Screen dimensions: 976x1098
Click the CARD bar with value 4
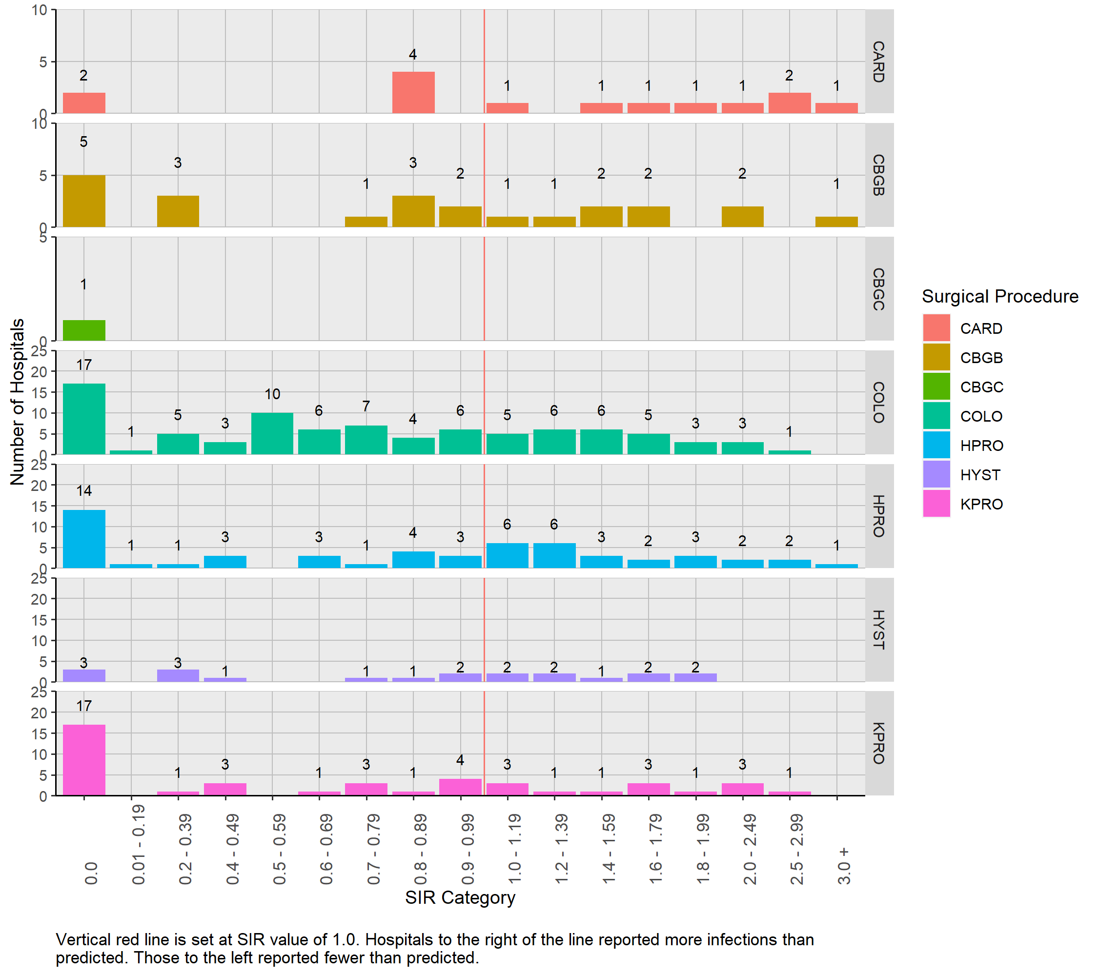[413, 92]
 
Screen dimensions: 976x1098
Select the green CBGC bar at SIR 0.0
[84, 330]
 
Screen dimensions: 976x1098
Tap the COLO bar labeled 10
[272, 433]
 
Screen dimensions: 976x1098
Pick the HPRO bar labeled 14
[84, 539]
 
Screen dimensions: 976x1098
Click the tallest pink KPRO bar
[84, 760]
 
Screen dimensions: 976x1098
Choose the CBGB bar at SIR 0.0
[84, 201]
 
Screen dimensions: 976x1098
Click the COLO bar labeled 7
[366, 440]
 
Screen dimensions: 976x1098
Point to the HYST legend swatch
[936, 475]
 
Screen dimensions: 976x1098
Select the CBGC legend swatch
[936, 387]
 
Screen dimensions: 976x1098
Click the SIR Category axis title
[460, 897]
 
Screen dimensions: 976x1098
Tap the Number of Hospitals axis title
[17, 402]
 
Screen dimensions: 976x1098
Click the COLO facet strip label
[879, 402]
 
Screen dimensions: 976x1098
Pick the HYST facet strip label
[879, 630]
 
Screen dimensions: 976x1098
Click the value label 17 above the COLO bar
[84, 365]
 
